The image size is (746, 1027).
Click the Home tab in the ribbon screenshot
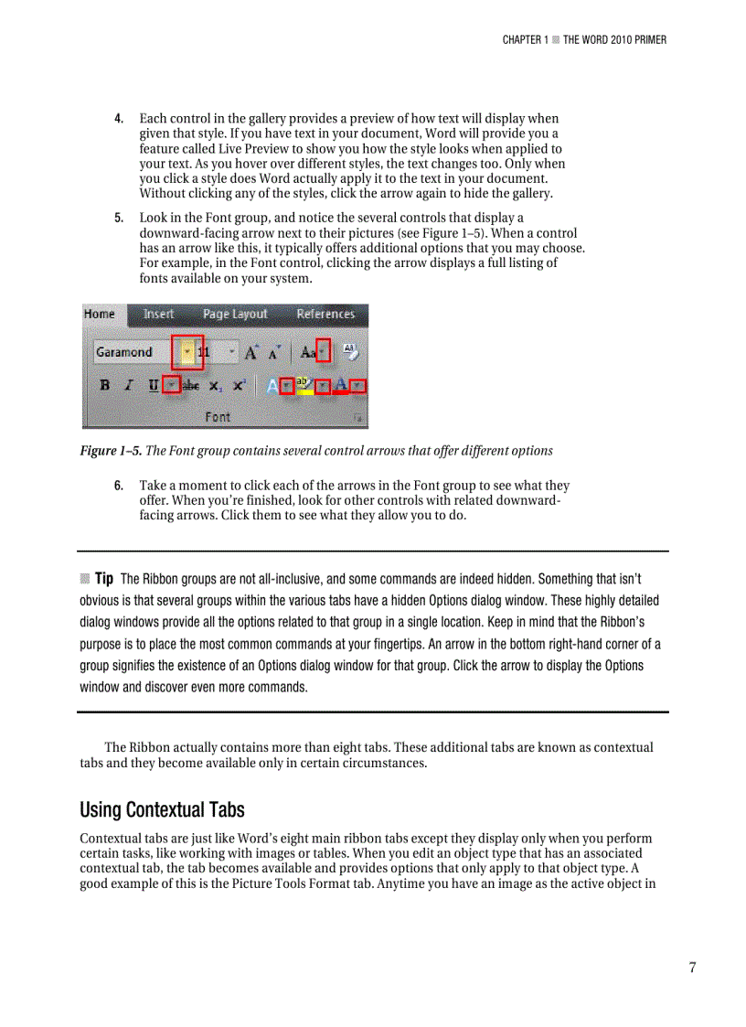coord(100,314)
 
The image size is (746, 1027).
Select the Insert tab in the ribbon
coord(158,314)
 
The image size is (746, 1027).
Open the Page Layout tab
coord(235,314)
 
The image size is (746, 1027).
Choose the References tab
coord(325,314)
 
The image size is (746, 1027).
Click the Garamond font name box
coord(133,352)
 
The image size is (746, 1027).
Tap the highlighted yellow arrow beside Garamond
coord(186,352)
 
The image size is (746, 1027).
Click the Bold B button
coord(105,385)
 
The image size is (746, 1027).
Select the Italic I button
coord(129,385)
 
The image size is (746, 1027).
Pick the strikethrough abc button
coord(192,386)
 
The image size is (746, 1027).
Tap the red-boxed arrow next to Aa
coord(323,351)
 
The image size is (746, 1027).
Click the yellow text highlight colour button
coord(303,385)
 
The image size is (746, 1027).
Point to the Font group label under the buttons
coord(218,417)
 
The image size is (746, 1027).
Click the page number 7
coord(692,968)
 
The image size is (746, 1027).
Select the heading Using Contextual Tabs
coord(162,810)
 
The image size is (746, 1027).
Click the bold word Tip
coord(104,579)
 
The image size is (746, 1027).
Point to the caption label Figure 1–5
coord(111,451)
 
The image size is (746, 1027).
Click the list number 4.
coord(119,119)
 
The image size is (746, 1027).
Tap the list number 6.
coord(119,486)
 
